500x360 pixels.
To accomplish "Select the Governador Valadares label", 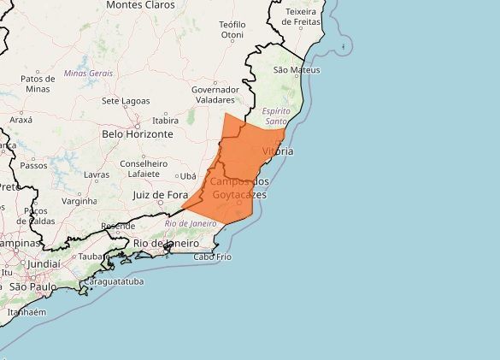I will tap(215, 94).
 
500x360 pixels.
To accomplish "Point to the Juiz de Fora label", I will tap(161, 195).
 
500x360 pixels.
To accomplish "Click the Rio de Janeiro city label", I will tap(167, 244).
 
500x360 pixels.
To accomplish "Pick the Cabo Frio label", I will tap(213, 257).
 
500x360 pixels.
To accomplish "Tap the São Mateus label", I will tap(296, 69).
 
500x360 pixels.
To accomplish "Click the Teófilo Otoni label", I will tap(238, 29).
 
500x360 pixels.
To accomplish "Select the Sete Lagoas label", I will tap(126, 101).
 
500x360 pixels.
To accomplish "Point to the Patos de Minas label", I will tap(38, 83).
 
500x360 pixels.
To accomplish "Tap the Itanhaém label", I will tap(26, 312).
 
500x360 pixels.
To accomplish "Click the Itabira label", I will tap(165, 121).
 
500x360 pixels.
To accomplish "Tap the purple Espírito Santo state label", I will tap(275, 116).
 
